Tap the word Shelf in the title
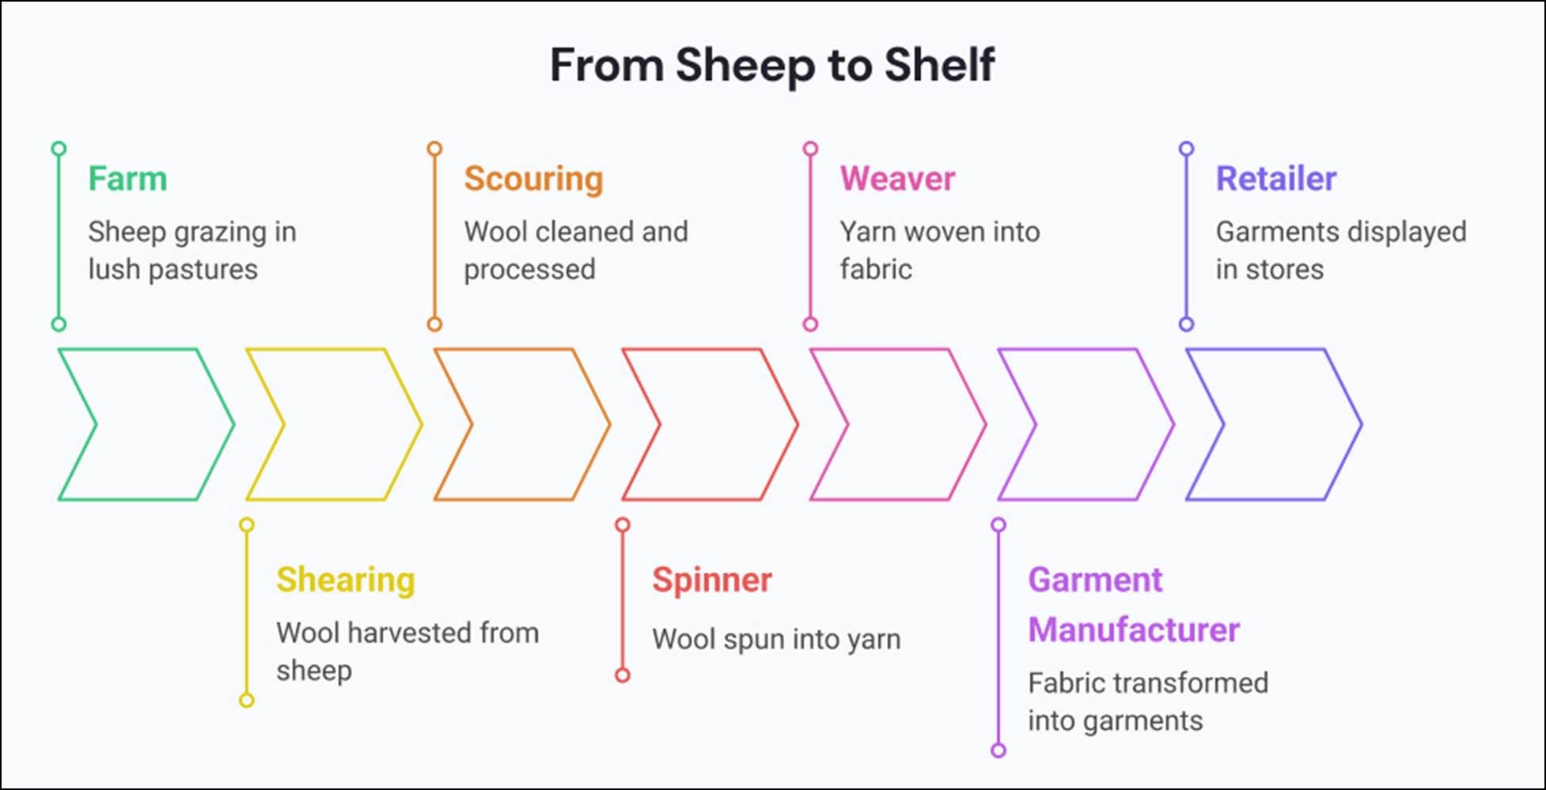pyautogui.click(x=939, y=65)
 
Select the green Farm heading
pyautogui.click(x=127, y=179)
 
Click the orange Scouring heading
pyautogui.click(x=533, y=179)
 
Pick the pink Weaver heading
pyautogui.click(x=897, y=179)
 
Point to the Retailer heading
pyautogui.click(x=1275, y=179)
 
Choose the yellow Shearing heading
pyautogui.click(x=345, y=580)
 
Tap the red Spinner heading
pyautogui.click(x=711, y=580)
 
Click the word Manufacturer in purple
pyautogui.click(x=1133, y=630)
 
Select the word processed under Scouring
pyautogui.click(x=529, y=270)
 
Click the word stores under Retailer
pyautogui.click(x=1284, y=270)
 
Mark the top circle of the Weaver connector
pyautogui.click(x=810, y=149)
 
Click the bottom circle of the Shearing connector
pyautogui.click(x=247, y=700)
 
